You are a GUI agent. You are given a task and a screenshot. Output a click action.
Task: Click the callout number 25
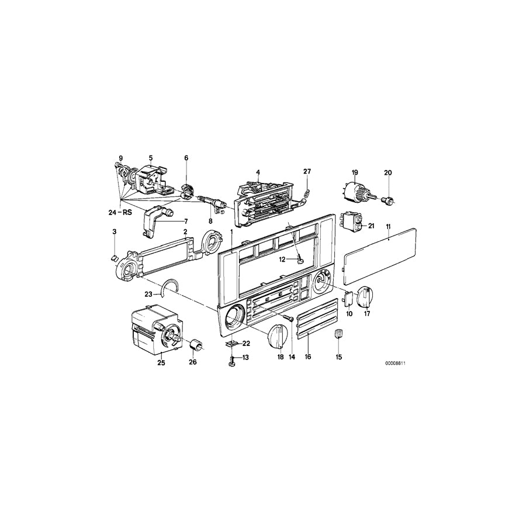(x=161, y=363)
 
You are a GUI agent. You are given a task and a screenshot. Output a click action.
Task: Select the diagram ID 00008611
(x=395, y=363)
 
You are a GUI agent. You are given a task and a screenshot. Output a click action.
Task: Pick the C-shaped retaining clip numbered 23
(x=169, y=286)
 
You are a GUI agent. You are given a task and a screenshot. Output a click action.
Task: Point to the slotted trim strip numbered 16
(x=316, y=319)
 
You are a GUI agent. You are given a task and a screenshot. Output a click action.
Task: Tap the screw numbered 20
(x=386, y=200)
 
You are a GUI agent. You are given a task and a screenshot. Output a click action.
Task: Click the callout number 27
(x=307, y=171)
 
